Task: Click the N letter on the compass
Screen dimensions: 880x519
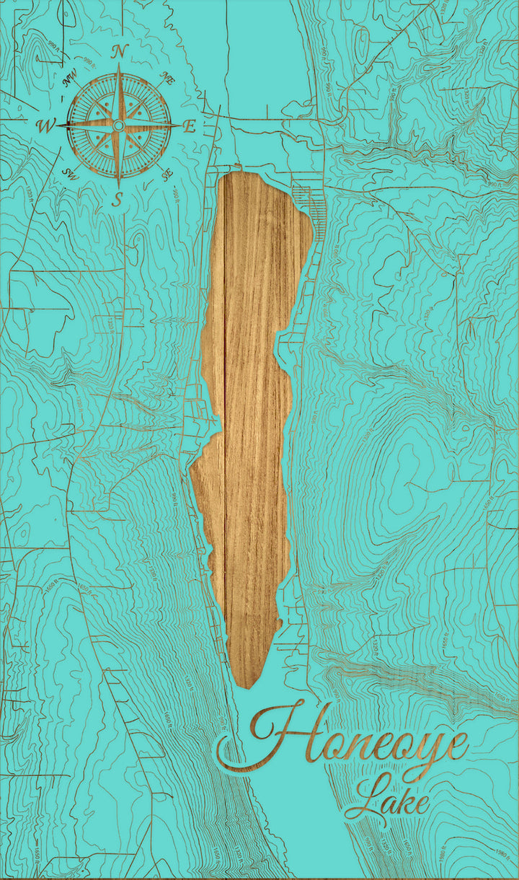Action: coord(120,51)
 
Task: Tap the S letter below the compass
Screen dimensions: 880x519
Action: coord(117,200)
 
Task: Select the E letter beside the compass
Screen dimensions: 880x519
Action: coord(190,126)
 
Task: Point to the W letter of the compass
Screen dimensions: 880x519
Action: coord(45,126)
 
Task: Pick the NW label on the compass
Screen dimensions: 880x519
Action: coord(71,81)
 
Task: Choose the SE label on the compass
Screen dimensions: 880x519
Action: coord(167,174)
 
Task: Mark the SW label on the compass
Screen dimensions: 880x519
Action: coord(71,173)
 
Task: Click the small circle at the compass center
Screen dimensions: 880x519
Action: coord(118,126)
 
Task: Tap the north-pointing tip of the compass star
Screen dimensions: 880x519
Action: coord(119,65)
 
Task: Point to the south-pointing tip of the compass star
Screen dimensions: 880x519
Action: coord(118,186)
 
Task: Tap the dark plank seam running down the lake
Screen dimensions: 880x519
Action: coord(225,433)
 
